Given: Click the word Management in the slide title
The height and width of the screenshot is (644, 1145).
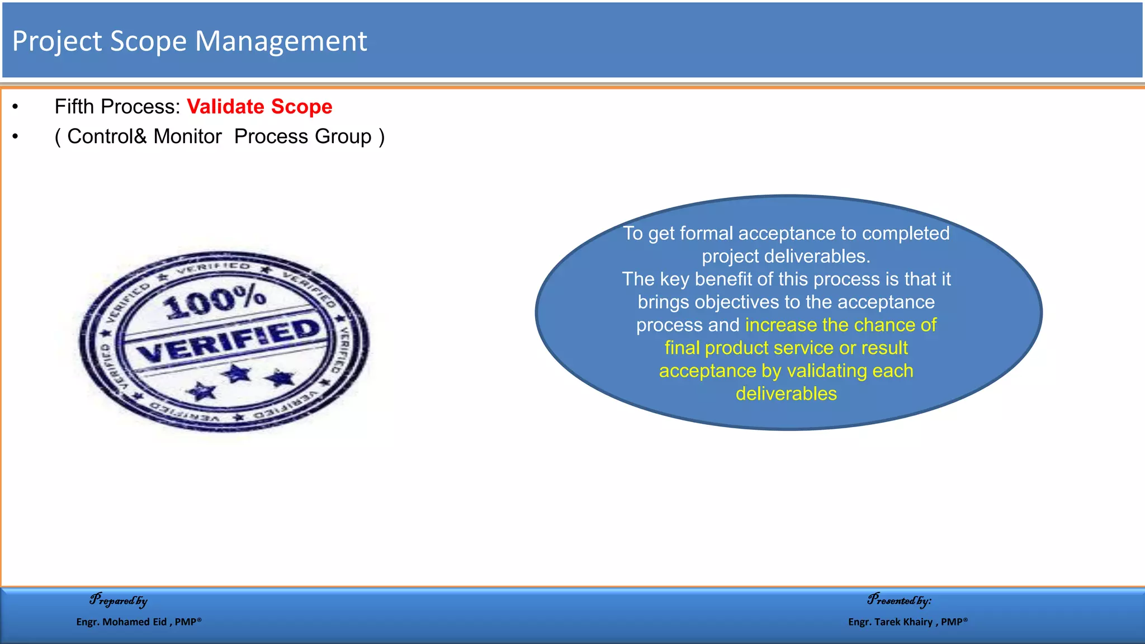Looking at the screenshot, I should click(x=281, y=41).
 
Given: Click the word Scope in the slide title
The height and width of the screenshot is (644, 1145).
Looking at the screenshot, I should click(x=148, y=41).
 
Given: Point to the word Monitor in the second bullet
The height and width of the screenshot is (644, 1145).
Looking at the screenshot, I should click(x=187, y=136).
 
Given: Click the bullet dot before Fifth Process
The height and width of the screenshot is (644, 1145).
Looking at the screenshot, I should click(x=16, y=107).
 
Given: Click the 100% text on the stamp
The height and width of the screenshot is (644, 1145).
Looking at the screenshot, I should click(x=214, y=301).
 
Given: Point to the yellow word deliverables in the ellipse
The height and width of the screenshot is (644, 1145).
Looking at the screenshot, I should click(x=786, y=394).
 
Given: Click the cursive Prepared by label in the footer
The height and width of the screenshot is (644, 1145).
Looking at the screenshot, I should click(x=119, y=600).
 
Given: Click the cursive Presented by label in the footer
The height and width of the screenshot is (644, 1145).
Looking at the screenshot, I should click(x=899, y=600).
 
